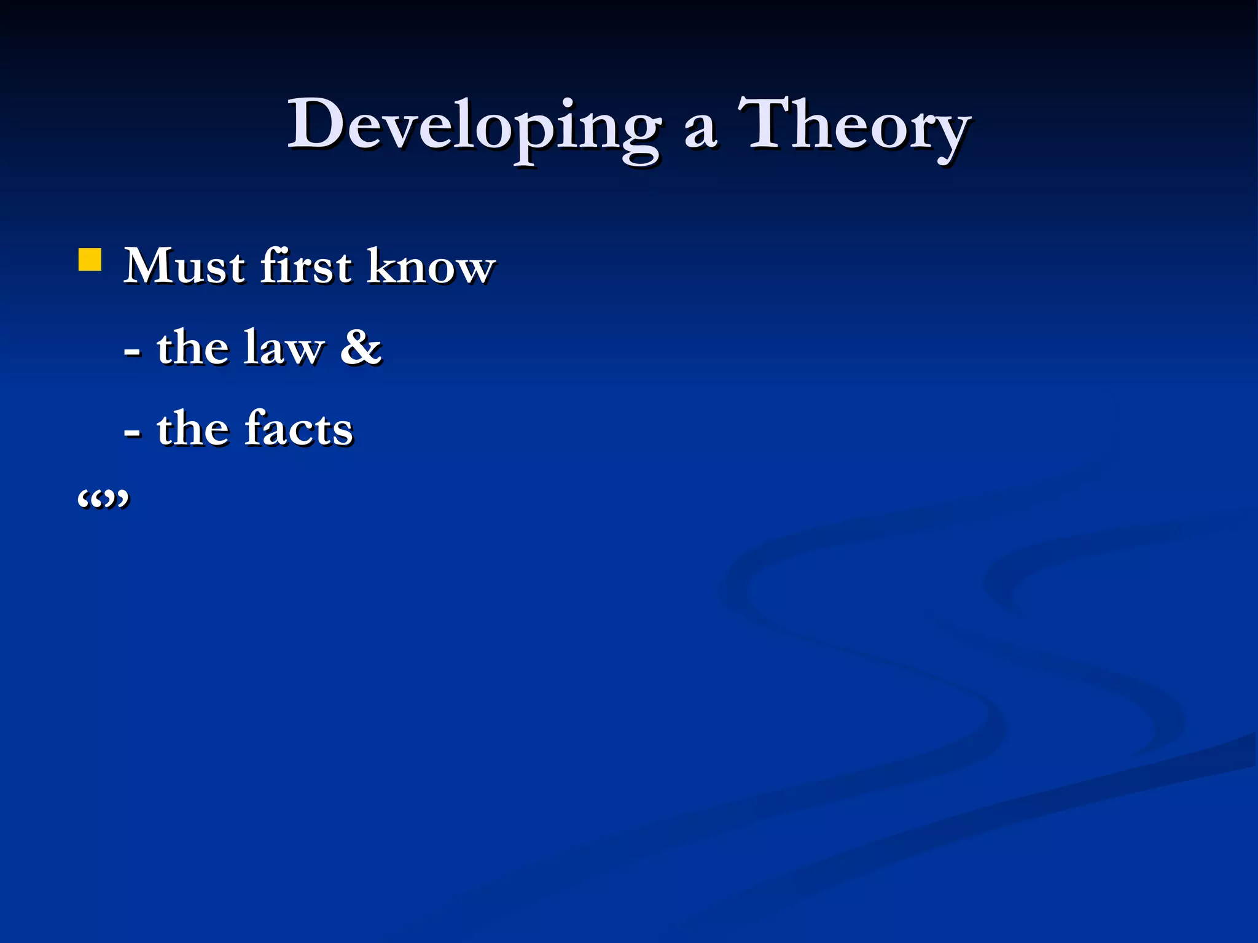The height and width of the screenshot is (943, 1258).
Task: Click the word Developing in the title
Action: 474,126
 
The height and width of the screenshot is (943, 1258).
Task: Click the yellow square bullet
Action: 90,260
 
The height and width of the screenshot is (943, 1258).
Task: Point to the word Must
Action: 184,266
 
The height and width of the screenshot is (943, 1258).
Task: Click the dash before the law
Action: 131,353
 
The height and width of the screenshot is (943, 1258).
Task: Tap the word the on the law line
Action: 192,347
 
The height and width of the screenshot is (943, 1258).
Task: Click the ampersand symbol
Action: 361,347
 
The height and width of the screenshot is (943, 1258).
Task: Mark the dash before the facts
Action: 131,433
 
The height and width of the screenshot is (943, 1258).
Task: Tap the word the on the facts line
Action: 192,429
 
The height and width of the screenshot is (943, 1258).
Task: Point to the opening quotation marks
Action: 90,499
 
